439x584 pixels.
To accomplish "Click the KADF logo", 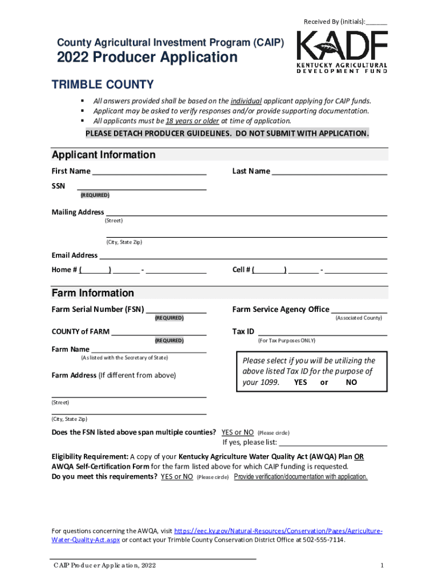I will [x=342, y=52].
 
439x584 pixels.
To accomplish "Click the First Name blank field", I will [x=149, y=172].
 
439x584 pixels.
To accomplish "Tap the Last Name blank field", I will [x=330, y=172].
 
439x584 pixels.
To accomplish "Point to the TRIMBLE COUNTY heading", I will [x=103, y=85].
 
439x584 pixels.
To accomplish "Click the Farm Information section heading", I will [x=93, y=293].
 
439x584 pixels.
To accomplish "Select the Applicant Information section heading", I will [x=103, y=155].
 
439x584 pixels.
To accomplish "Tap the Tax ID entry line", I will [x=323, y=332].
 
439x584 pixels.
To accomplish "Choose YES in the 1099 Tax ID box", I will [x=300, y=383].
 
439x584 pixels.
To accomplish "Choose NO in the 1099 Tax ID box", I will [x=351, y=383].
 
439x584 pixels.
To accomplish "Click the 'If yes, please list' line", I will [x=333, y=443].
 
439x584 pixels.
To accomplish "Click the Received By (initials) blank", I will [x=376, y=22].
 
